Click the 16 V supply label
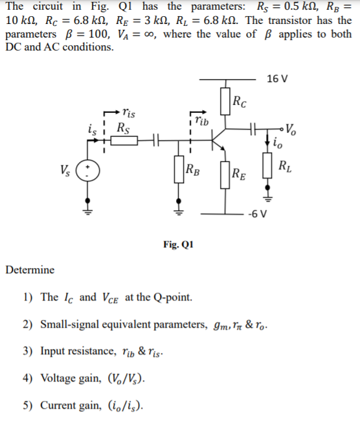[277, 78]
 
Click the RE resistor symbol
[225, 175]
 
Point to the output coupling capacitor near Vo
[254, 128]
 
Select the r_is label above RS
[129, 113]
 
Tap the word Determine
[30, 269]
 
